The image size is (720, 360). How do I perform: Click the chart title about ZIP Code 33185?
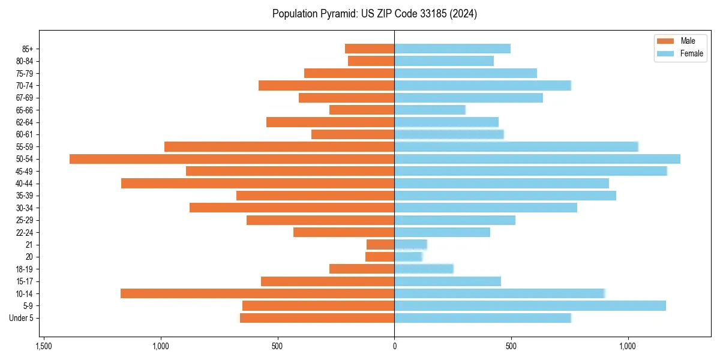[x=374, y=13]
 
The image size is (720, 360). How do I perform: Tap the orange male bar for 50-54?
[x=232, y=159]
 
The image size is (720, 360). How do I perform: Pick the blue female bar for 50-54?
[x=537, y=159]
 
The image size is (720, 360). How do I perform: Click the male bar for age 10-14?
[x=257, y=293]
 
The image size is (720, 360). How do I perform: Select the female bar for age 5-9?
[x=530, y=305]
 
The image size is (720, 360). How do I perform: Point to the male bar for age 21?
[x=380, y=244]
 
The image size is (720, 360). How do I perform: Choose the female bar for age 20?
[x=408, y=257]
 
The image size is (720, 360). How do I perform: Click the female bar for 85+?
[x=452, y=49]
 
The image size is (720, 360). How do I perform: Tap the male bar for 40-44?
[x=257, y=183]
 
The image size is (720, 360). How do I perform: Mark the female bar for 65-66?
[x=430, y=110]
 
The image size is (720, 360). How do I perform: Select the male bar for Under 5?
[x=317, y=318]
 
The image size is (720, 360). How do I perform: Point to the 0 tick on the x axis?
[x=394, y=346]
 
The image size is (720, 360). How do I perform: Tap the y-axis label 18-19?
[x=25, y=269]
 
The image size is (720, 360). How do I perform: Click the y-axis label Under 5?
[x=21, y=318]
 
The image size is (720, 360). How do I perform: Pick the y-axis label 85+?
[x=28, y=49]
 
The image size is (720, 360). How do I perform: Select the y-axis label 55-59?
[x=25, y=146]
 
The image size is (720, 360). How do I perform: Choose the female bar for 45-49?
[x=530, y=171]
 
